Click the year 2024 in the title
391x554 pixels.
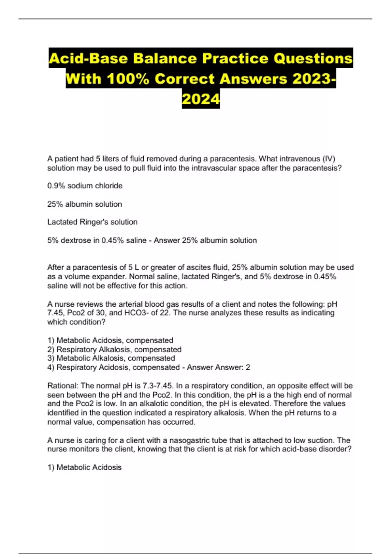click(x=201, y=99)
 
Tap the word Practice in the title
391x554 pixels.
click(x=236, y=59)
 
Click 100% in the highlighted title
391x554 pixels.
click(x=128, y=79)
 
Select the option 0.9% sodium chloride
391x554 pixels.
click(x=85, y=186)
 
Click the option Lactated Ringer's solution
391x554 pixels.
click(x=92, y=222)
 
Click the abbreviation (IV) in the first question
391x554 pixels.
click(x=328, y=159)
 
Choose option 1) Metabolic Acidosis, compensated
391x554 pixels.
click(x=110, y=340)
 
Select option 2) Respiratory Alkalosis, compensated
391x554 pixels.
click(x=114, y=349)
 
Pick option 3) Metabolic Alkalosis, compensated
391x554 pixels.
click(x=111, y=358)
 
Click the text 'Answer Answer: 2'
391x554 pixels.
click(x=218, y=367)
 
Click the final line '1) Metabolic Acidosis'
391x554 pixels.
click(x=84, y=467)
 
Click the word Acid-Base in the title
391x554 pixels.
click(x=88, y=59)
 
